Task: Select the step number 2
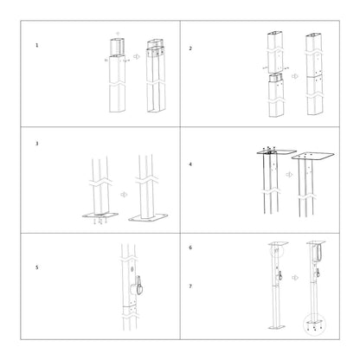click(x=190, y=48)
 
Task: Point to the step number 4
click(x=190, y=163)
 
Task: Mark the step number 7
click(x=190, y=285)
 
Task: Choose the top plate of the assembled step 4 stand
click(x=312, y=159)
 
